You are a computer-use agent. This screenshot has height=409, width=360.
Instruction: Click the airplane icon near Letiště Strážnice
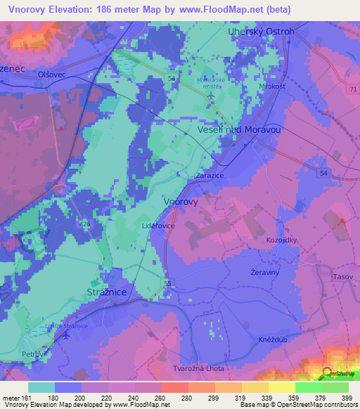pyautogui.click(x=66, y=335)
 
